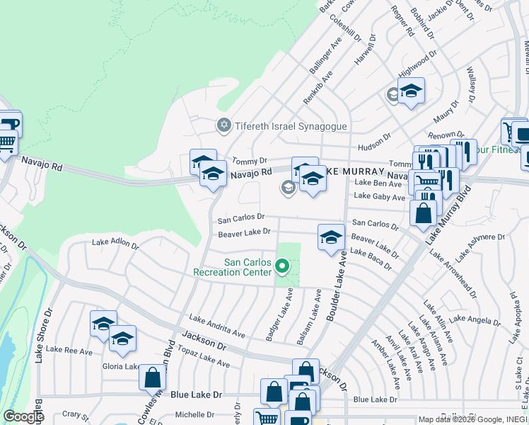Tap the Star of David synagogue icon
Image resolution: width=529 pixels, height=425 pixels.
click(224, 126)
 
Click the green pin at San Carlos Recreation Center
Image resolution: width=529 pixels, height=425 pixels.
click(282, 267)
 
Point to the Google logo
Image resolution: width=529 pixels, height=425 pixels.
click(23, 416)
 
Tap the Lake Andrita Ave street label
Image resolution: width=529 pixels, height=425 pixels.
click(216, 325)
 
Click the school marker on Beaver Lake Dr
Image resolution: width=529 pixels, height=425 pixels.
click(330, 239)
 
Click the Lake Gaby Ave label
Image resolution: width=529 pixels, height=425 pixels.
click(379, 196)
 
